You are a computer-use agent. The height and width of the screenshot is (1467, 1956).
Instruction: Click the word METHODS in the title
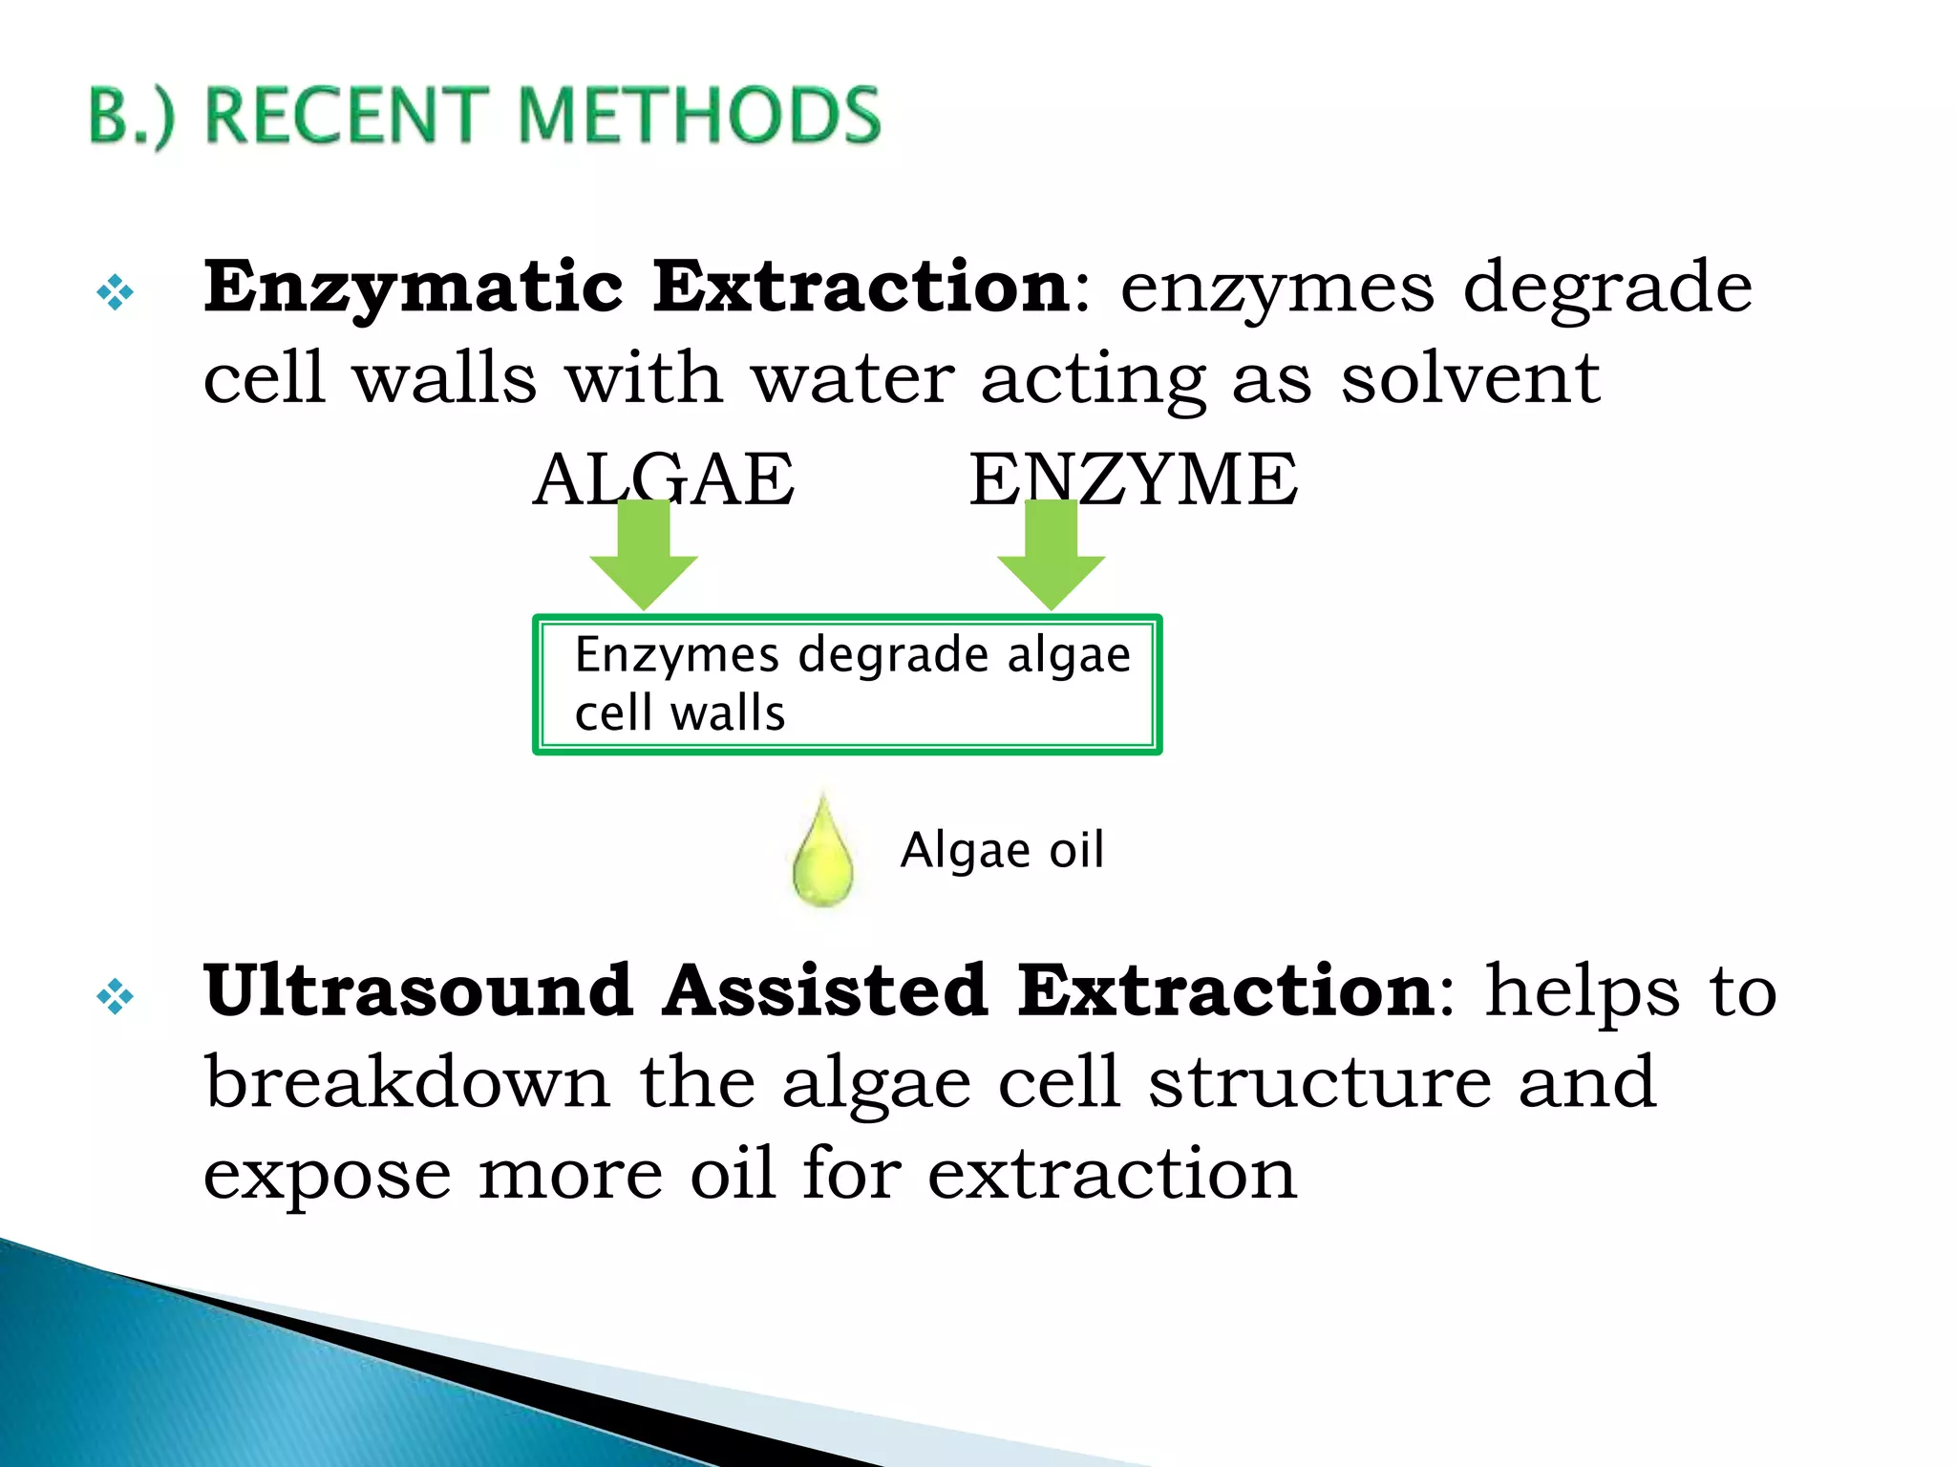pyautogui.click(x=699, y=115)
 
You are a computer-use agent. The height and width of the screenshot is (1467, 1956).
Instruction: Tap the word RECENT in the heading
pyautogui.click(x=348, y=115)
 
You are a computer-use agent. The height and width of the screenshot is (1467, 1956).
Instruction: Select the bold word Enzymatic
pyautogui.click(x=413, y=287)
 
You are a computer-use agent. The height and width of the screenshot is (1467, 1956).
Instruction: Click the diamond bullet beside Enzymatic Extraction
pyautogui.click(x=115, y=292)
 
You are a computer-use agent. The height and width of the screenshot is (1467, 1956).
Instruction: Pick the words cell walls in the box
pyautogui.click(x=680, y=713)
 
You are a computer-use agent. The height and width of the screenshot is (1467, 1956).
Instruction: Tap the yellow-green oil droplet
pyautogui.click(x=822, y=856)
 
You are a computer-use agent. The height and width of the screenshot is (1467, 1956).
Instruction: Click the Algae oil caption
pyautogui.click(x=1002, y=849)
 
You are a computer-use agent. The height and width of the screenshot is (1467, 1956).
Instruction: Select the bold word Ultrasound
pyautogui.click(x=418, y=990)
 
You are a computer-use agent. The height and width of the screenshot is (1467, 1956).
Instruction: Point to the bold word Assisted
pyautogui.click(x=825, y=990)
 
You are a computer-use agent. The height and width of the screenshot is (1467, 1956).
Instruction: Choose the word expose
pyautogui.click(x=327, y=1174)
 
